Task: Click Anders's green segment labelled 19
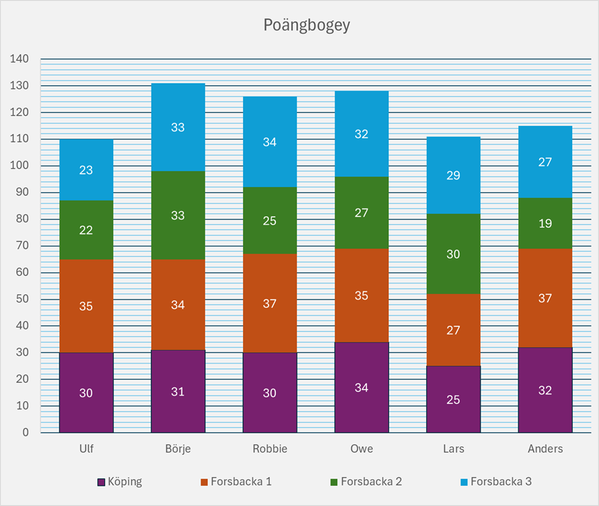click(545, 223)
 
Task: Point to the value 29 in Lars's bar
click(453, 176)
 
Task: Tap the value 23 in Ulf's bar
click(86, 170)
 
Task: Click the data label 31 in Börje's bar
click(178, 392)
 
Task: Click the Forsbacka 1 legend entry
click(236, 482)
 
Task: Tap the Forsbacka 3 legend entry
click(495, 482)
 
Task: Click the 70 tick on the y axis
click(22, 246)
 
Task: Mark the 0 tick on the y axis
click(25, 433)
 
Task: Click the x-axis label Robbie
click(269, 449)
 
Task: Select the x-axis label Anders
click(545, 449)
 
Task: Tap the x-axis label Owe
click(361, 449)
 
